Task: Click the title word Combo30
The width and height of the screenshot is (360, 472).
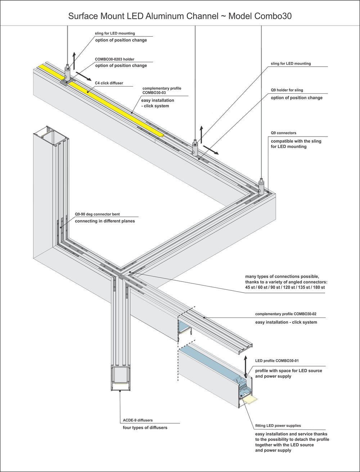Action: [273, 16]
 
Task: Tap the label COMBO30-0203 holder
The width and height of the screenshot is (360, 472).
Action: [114, 59]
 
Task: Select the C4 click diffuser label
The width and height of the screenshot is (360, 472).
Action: [109, 83]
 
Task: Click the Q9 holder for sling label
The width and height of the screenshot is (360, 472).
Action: [289, 90]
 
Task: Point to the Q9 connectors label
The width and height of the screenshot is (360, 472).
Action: [284, 133]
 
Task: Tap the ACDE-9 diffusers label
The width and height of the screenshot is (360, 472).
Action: [138, 420]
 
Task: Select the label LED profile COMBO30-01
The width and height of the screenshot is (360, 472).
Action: [277, 361]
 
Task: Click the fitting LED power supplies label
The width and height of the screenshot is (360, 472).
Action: [278, 426]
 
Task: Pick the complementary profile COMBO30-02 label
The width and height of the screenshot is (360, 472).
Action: [286, 314]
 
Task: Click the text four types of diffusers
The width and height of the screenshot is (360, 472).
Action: [145, 428]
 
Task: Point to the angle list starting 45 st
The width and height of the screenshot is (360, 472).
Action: [285, 288]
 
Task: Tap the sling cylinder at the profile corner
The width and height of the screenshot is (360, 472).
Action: [261, 186]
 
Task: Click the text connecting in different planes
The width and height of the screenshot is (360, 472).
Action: [105, 221]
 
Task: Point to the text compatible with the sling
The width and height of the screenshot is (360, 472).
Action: [296, 141]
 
